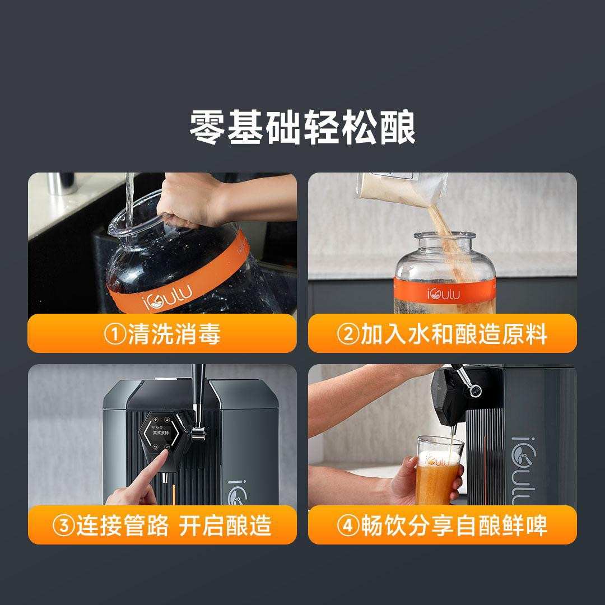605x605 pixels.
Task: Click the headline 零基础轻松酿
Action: click(x=302, y=127)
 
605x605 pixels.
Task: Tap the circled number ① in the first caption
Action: click(x=115, y=334)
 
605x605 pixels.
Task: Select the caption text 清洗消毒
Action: click(x=174, y=334)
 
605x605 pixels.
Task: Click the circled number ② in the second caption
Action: click(x=348, y=334)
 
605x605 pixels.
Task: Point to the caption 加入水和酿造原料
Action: click(x=454, y=334)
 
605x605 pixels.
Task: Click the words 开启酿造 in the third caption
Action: click(x=225, y=525)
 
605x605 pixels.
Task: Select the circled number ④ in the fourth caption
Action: click(x=348, y=525)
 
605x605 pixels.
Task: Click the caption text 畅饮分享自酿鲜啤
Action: click(x=454, y=525)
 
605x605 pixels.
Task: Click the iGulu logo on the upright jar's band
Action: click(x=443, y=294)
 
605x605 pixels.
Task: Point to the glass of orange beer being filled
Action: click(x=439, y=470)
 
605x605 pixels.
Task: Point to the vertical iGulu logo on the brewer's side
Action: click(x=523, y=471)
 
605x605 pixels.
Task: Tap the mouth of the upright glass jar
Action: click(x=444, y=235)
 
